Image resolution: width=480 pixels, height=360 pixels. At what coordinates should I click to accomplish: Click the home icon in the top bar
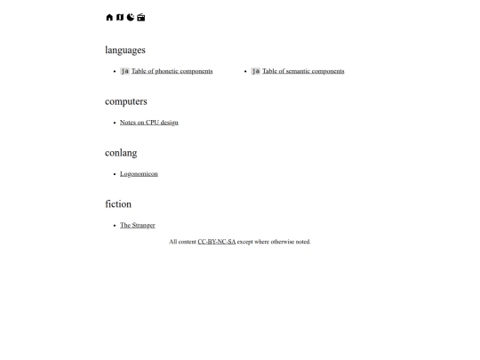(x=109, y=17)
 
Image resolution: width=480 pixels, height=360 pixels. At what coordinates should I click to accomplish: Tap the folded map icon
(x=120, y=17)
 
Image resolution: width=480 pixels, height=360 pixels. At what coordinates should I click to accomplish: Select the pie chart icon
(x=131, y=17)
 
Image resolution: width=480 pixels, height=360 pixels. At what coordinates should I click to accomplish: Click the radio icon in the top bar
(x=141, y=17)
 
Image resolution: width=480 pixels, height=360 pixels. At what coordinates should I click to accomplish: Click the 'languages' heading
(x=125, y=50)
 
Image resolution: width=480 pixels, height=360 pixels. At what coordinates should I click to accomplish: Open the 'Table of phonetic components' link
(x=172, y=71)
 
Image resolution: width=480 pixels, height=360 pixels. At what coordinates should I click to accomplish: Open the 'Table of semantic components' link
(x=303, y=71)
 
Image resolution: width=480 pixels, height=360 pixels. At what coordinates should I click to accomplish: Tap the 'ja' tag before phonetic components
(x=125, y=71)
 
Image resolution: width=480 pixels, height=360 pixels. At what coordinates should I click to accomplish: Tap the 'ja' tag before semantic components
(x=256, y=71)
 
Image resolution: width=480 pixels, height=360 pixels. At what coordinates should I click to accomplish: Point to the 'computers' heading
(x=126, y=101)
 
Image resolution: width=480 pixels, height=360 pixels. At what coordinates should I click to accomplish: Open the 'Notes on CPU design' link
(x=149, y=123)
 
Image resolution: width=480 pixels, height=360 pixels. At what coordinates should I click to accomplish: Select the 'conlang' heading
(x=121, y=153)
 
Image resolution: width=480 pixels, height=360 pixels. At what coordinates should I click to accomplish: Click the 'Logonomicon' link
(x=139, y=174)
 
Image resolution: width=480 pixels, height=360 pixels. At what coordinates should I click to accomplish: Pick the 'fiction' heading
(x=118, y=204)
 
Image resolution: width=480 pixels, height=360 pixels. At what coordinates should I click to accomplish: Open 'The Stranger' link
(x=138, y=226)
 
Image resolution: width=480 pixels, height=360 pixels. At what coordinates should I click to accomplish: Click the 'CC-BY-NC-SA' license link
(x=217, y=242)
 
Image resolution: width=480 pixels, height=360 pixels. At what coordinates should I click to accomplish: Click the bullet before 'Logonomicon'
(x=115, y=174)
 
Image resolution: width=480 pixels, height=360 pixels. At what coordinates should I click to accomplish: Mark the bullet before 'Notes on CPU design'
(x=115, y=123)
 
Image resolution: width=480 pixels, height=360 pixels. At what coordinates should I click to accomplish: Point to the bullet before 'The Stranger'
(x=115, y=226)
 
